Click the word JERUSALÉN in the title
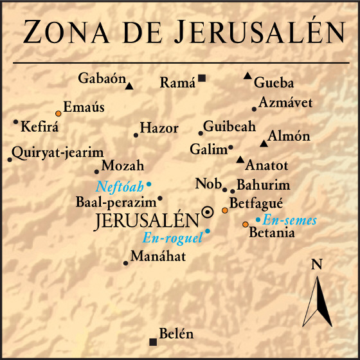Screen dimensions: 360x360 [x=258, y=32]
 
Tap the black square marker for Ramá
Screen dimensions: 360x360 [x=202, y=78]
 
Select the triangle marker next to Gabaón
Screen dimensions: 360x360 [x=129, y=85]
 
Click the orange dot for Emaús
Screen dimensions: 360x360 [x=59, y=113]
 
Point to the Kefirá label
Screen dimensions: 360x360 [x=40, y=127]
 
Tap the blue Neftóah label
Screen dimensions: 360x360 [x=120, y=187]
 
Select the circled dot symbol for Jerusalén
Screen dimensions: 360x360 [x=208, y=212]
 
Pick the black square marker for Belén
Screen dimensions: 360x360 [x=152, y=341]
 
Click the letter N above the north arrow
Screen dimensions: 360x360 [x=316, y=264]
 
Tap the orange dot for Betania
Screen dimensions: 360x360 [x=245, y=224]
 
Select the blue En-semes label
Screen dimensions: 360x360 [x=290, y=220]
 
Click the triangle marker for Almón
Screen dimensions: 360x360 [x=263, y=143]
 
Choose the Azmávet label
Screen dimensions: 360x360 [x=286, y=102]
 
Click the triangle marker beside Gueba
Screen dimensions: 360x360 [x=248, y=76]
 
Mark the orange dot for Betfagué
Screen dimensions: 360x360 [x=224, y=210]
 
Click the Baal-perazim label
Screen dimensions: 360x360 [x=116, y=202]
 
